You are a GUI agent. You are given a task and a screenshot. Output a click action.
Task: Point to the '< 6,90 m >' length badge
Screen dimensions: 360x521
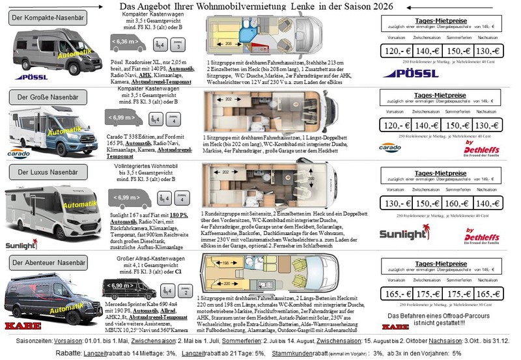[x=119, y=286]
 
